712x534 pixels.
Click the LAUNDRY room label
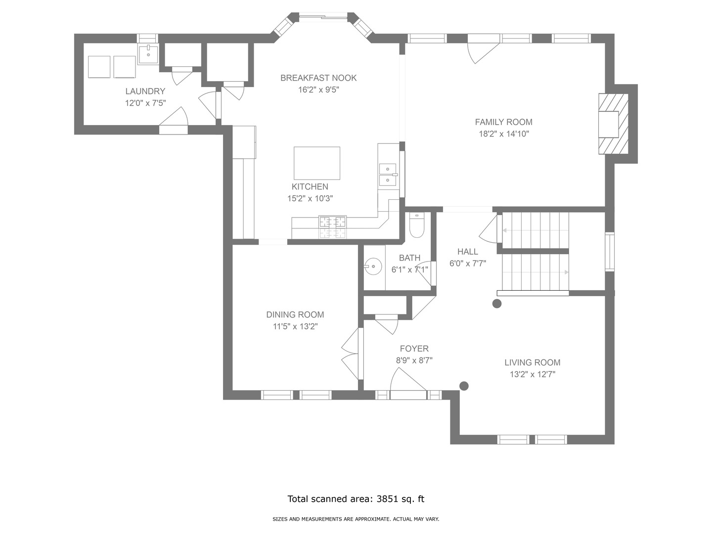point(145,91)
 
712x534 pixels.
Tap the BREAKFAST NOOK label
point(318,78)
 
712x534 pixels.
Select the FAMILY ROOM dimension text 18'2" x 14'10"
point(504,133)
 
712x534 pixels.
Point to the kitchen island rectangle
point(317,163)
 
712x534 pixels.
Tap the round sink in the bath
point(373,266)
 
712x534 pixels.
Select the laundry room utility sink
point(148,55)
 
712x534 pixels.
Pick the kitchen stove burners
point(332,227)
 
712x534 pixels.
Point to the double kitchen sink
point(388,175)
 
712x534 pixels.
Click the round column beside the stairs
point(497,304)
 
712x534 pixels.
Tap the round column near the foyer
point(464,386)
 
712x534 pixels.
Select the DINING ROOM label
point(295,314)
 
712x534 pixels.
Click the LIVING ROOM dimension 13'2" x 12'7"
point(533,374)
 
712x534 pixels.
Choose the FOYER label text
point(414,349)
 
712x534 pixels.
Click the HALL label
point(467,252)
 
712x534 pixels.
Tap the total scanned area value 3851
point(387,499)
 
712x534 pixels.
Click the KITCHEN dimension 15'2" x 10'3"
point(310,198)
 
